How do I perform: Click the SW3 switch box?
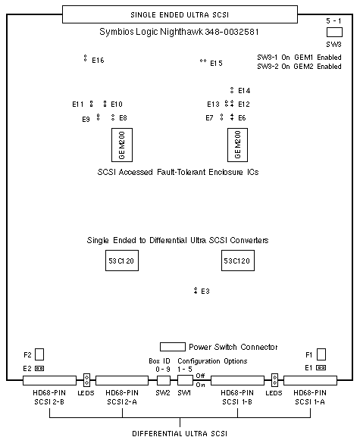(334, 33)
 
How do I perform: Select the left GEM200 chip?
(122, 145)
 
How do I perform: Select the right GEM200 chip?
(237, 145)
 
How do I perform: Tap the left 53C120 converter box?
(122, 261)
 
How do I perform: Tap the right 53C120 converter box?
(238, 261)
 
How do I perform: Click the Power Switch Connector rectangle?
(173, 347)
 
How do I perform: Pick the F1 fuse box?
(321, 354)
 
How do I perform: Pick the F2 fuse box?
(39, 354)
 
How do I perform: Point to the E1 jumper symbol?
(321, 367)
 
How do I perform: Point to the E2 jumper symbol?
(39, 369)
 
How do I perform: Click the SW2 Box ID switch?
(164, 380)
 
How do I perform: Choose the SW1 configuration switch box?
(186, 380)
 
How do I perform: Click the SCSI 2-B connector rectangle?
(50, 380)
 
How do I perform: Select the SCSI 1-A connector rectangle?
(310, 380)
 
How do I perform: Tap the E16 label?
(98, 61)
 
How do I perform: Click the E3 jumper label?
(205, 292)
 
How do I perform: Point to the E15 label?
(216, 64)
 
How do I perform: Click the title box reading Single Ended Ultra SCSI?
(180, 14)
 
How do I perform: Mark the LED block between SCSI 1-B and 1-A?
(274, 380)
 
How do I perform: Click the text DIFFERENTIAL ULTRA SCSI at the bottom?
(180, 433)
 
